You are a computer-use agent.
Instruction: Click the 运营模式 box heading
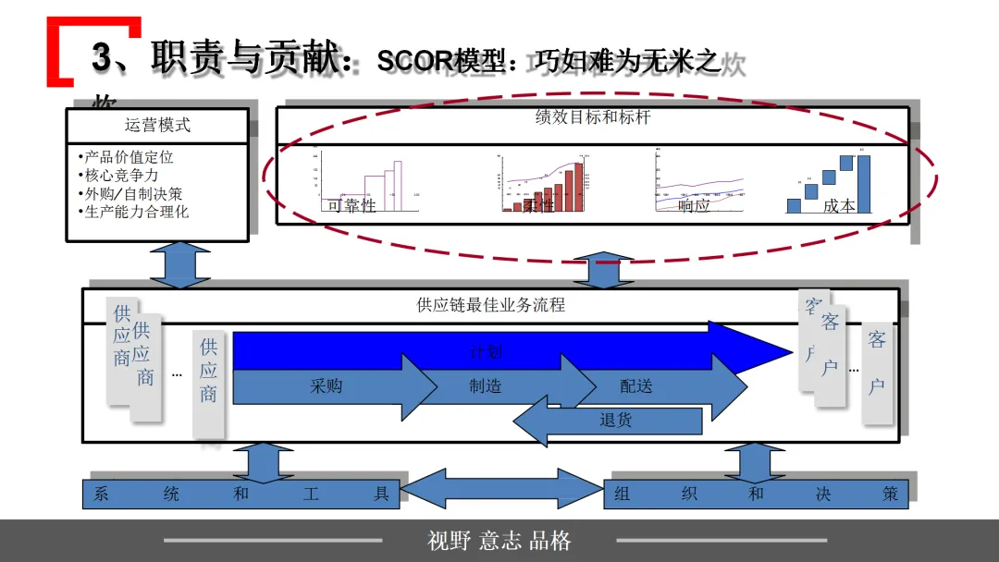(x=157, y=126)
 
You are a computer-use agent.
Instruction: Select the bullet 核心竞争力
(x=121, y=176)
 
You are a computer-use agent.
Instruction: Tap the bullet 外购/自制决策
(x=133, y=194)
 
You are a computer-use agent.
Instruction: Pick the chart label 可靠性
(x=352, y=206)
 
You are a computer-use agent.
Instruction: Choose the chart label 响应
(x=694, y=206)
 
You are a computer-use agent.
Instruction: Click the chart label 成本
(x=839, y=206)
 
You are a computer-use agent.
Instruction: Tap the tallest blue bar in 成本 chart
(x=864, y=184)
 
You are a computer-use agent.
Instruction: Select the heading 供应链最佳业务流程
(x=490, y=304)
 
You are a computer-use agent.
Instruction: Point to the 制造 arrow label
(x=485, y=386)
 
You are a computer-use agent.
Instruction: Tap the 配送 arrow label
(x=635, y=386)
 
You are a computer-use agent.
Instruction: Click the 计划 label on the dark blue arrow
(x=486, y=351)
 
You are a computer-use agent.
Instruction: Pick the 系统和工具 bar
(x=240, y=495)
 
